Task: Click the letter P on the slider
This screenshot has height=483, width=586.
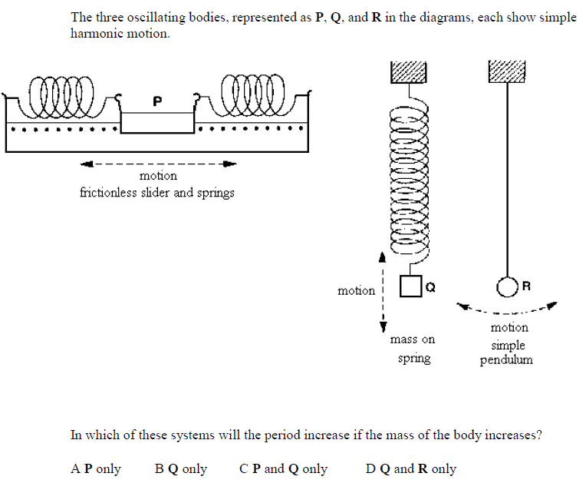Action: [x=157, y=101]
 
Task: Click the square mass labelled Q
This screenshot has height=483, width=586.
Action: [x=411, y=286]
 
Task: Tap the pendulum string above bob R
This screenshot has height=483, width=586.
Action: [x=507, y=177]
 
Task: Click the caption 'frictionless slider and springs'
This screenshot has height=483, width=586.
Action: [x=157, y=192]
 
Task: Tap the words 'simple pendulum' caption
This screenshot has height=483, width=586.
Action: [x=507, y=352]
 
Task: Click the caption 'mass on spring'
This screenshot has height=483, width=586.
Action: [x=413, y=348]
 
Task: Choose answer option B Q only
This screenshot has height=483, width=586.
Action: [x=181, y=468]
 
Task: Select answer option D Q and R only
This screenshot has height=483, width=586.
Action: [x=411, y=468]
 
